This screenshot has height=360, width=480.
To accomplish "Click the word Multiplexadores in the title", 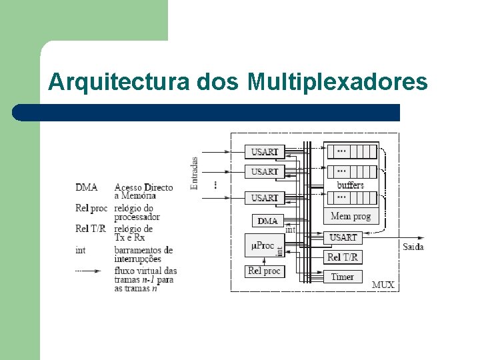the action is coord(337,82).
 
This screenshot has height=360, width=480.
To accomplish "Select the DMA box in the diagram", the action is coord(267,221).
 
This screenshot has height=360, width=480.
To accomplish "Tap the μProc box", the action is coord(263,245).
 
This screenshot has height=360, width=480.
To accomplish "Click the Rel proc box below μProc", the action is coord(264,271).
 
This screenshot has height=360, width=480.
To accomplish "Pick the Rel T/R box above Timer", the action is coord(343,257).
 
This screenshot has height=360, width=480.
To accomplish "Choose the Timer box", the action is coord(342,276).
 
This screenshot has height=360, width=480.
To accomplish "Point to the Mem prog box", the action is coord(351,216).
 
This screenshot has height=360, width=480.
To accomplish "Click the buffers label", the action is coord(351,185).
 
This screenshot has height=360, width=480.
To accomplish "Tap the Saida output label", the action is coord(413,247).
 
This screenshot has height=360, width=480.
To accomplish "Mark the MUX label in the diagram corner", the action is coord(383,285).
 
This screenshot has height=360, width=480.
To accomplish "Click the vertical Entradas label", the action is coord(195,173).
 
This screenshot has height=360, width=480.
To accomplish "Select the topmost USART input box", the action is coord(265,152).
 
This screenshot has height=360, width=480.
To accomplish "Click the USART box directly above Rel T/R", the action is coord(343,237).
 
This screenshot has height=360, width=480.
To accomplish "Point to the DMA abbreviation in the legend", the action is coord(86,187).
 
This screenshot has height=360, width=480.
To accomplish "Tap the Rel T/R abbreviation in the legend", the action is coord(91,229).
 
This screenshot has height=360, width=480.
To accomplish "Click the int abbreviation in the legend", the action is coord(80,250).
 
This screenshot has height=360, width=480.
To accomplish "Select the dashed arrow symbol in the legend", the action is coord(88,271).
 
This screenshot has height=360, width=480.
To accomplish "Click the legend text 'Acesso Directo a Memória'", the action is coord(143,191).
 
